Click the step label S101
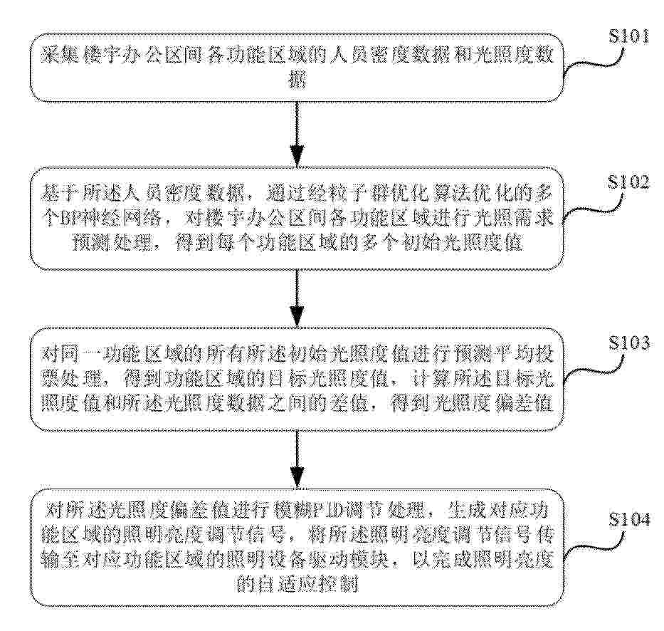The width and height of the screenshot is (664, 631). tap(629, 37)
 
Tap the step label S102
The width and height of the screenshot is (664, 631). tap(628, 182)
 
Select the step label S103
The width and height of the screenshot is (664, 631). tap(629, 343)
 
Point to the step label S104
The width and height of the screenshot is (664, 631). tap(629, 519)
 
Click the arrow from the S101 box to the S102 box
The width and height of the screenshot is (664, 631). tap(297, 133)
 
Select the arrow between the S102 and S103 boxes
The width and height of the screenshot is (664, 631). tap(297, 298)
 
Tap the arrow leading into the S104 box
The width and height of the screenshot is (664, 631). tap(297, 459)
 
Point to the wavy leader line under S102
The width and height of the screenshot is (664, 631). tap(593, 211)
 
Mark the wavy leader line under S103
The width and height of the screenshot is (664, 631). tap(593, 371)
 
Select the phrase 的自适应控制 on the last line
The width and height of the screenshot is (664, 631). tap(297, 585)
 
